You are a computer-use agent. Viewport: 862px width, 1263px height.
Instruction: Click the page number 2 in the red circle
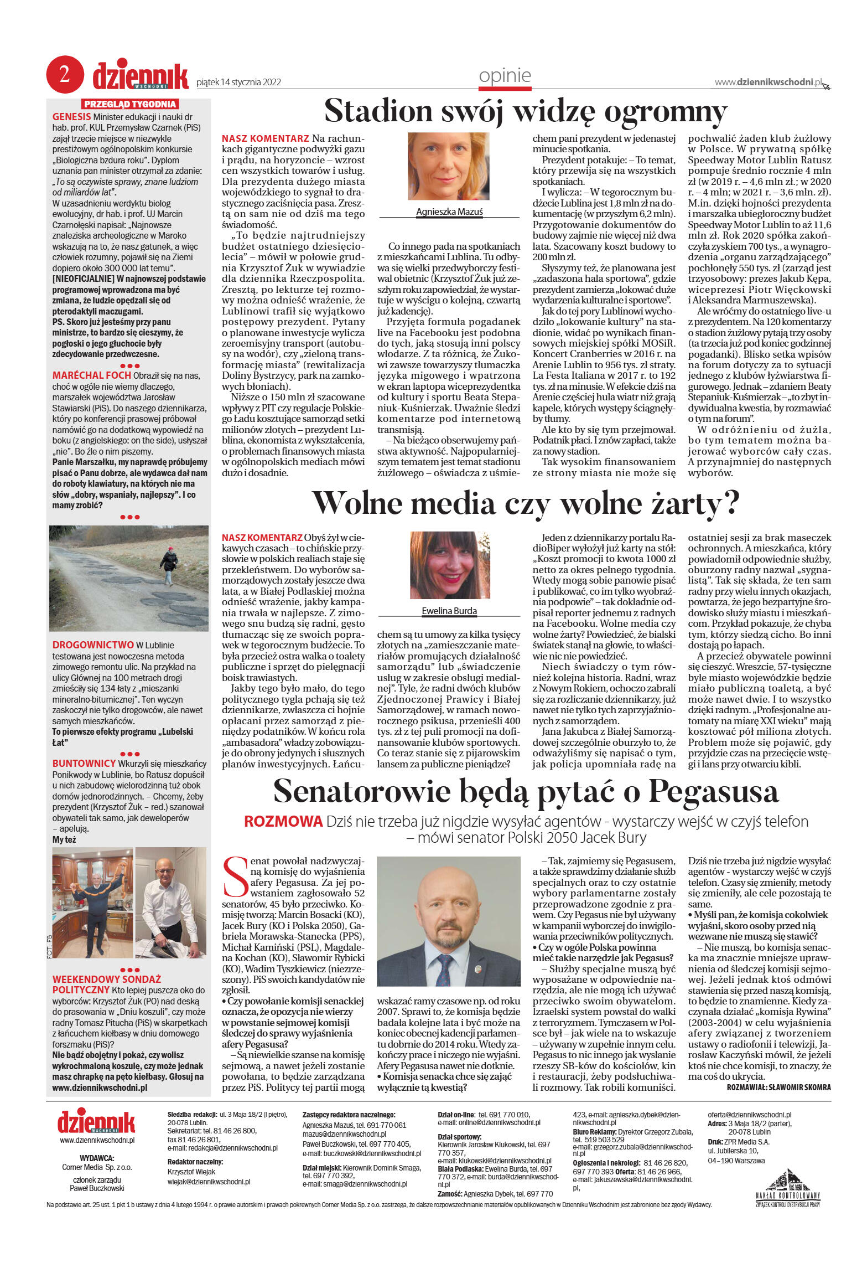click(x=65, y=75)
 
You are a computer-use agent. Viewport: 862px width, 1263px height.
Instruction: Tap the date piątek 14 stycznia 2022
click(x=238, y=83)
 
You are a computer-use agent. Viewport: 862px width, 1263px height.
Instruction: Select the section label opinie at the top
click(x=505, y=76)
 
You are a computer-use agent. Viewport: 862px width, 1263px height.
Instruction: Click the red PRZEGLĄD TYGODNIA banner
click(x=130, y=104)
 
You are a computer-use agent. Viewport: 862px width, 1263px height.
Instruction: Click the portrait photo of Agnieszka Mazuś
click(x=449, y=166)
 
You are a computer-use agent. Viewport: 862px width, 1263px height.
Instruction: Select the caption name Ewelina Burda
click(x=449, y=611)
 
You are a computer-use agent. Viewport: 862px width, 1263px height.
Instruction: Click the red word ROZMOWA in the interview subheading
click(x=283, y=821)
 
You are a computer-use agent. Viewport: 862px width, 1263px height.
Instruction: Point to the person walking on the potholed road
click(x=169, y=564)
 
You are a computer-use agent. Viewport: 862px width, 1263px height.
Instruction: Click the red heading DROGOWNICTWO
click(x=93, y=645)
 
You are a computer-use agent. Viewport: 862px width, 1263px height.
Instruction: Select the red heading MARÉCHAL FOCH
click(x=91, y=375)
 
